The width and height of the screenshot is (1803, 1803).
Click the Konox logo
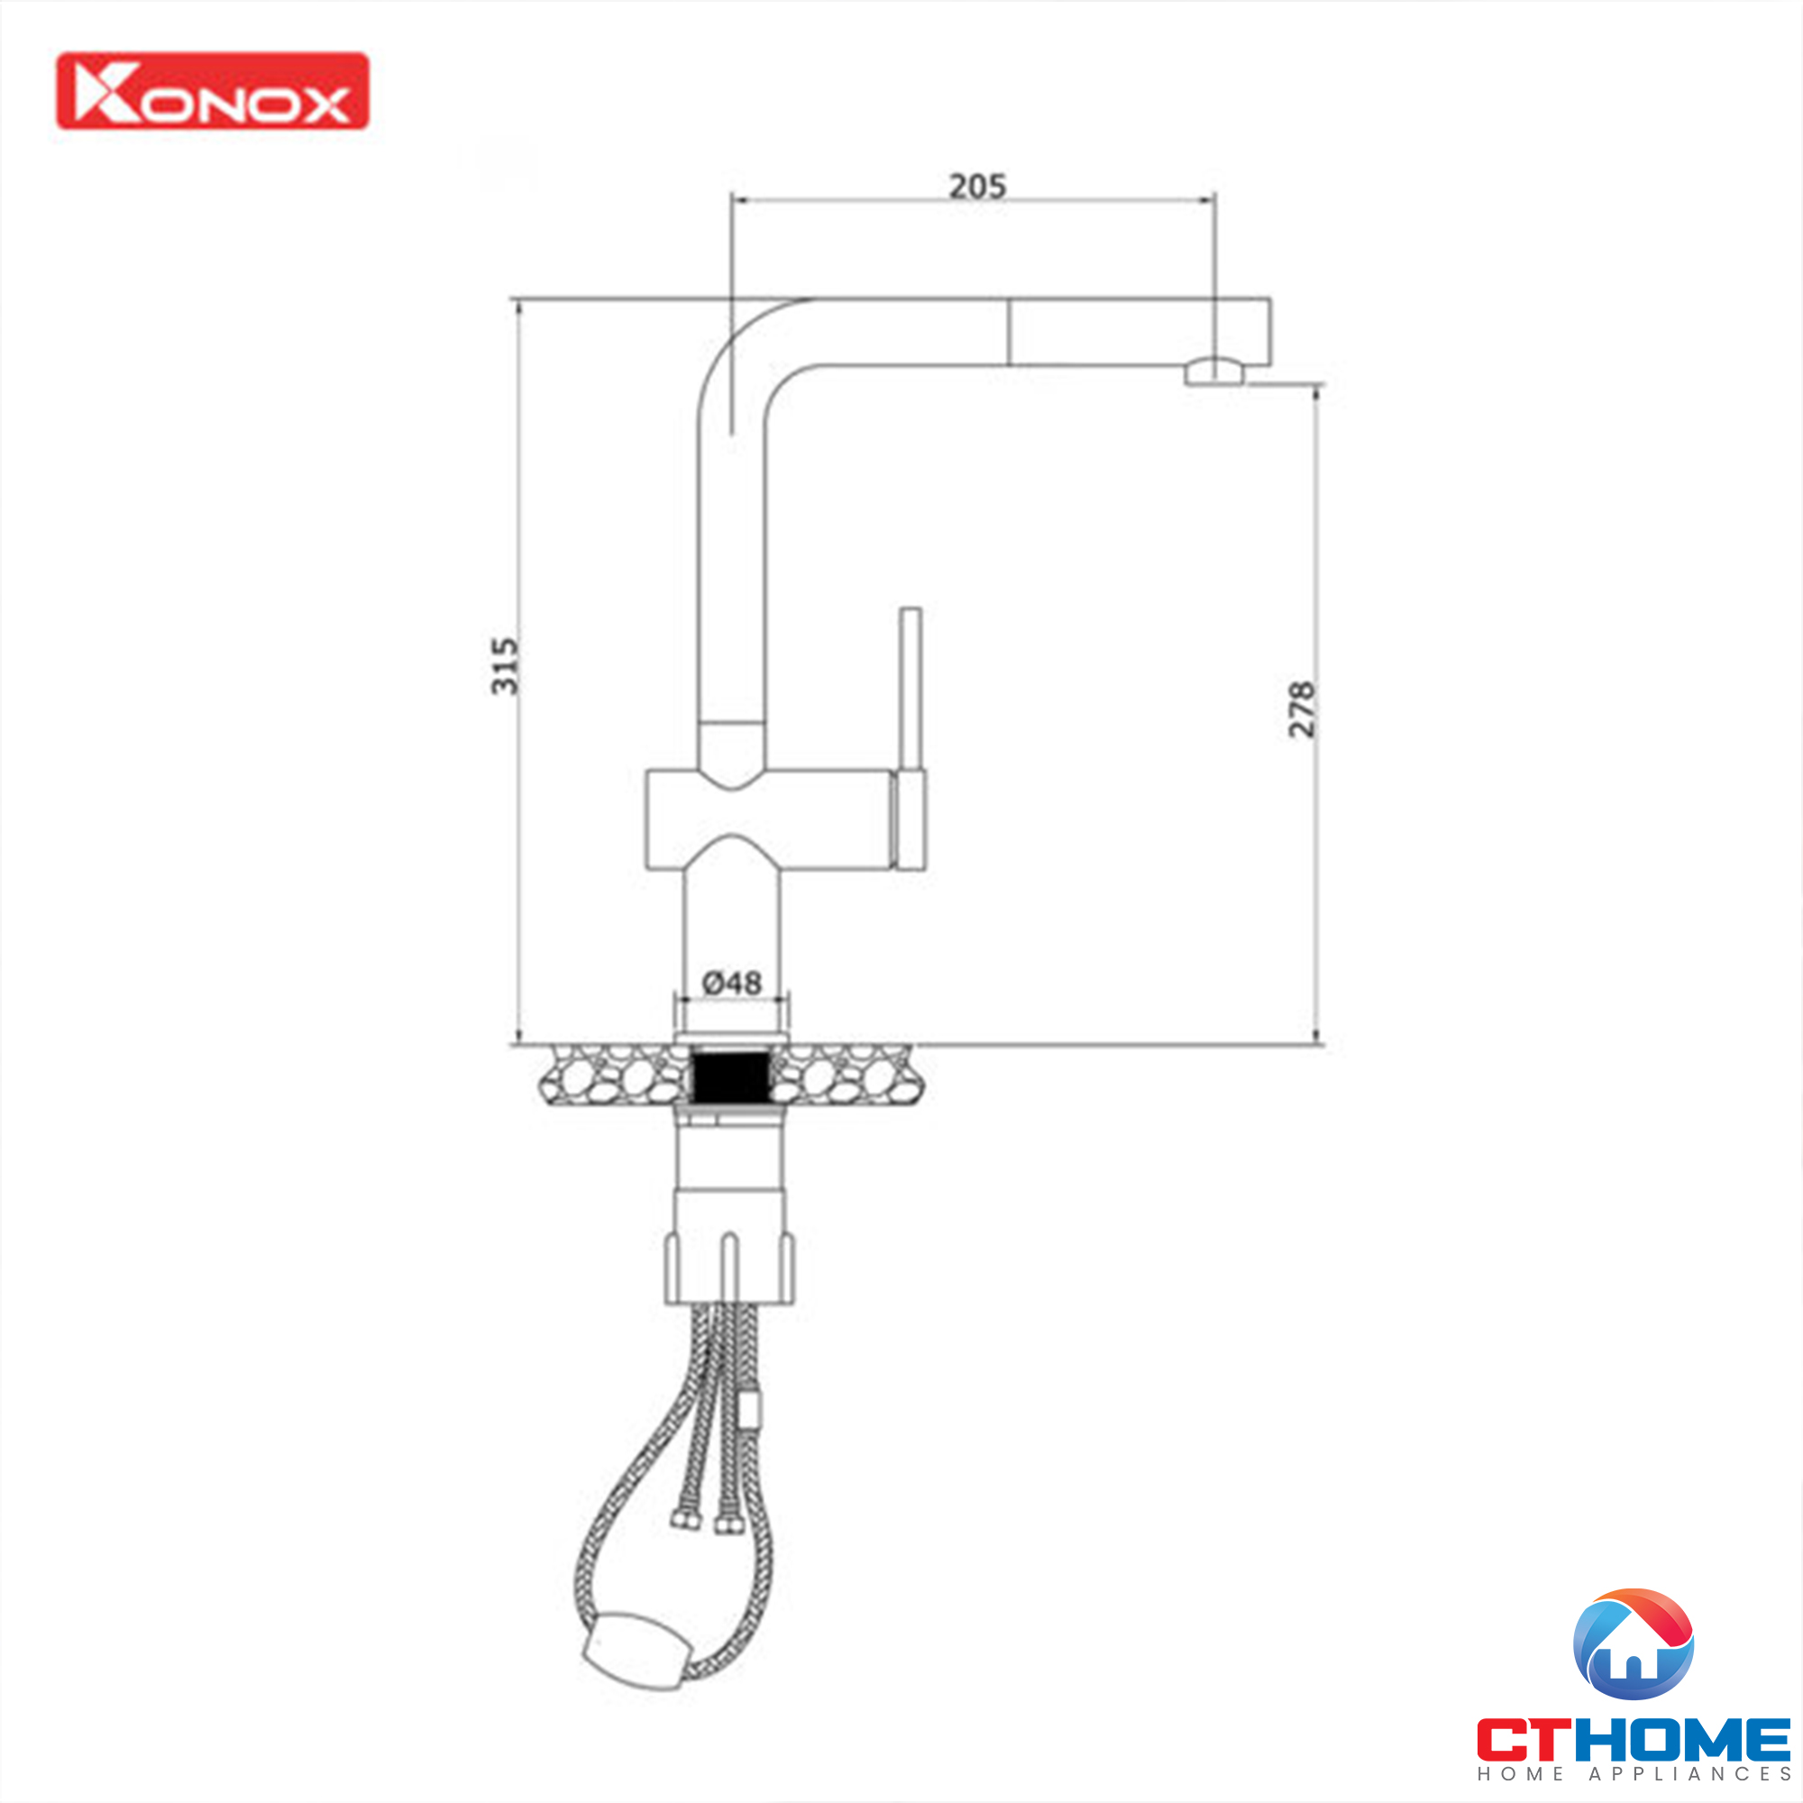coord(213,90)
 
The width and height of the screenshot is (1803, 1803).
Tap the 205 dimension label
coord(977,187)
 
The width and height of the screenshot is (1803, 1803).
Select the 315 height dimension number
coord(505,665)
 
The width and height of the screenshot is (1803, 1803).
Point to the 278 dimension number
coord(1301,709)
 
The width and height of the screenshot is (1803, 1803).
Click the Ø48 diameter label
coord(732,983)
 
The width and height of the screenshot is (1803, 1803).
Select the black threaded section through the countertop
coord(731,1075)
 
